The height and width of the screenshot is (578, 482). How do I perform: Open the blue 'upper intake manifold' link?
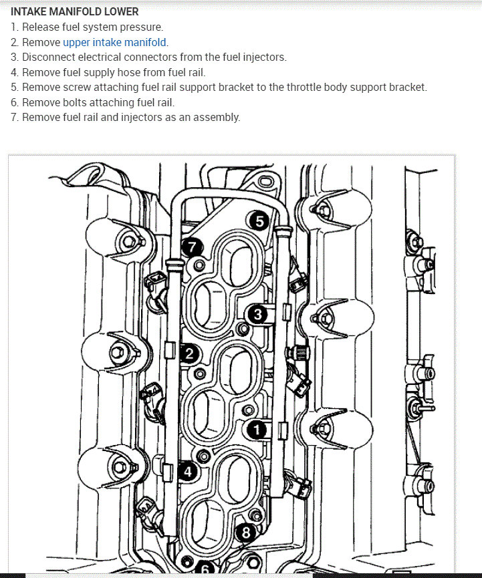114,42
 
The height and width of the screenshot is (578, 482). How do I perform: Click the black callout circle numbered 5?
258,221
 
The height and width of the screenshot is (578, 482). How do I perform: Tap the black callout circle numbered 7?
193,248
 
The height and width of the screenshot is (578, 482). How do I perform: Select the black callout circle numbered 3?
257,314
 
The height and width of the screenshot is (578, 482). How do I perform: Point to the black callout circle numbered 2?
189,354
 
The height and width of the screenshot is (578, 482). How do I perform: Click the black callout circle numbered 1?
257,430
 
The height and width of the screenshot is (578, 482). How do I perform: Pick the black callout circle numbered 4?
188,472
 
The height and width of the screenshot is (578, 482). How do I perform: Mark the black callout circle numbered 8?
245,533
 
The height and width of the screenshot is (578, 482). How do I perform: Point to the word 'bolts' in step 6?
72,102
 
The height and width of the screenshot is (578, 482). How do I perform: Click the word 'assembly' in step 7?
217,118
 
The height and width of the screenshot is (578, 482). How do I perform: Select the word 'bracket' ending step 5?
407,88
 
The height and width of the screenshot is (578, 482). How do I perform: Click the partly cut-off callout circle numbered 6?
205,571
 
